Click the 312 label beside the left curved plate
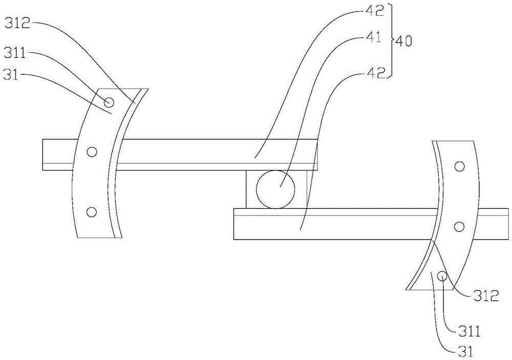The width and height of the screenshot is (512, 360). (x=17, y=23)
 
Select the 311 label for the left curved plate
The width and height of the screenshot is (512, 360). (x=15, y=53)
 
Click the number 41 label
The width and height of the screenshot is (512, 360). (x=373, y=37)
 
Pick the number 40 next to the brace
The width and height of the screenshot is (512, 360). (x=403, y=41)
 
